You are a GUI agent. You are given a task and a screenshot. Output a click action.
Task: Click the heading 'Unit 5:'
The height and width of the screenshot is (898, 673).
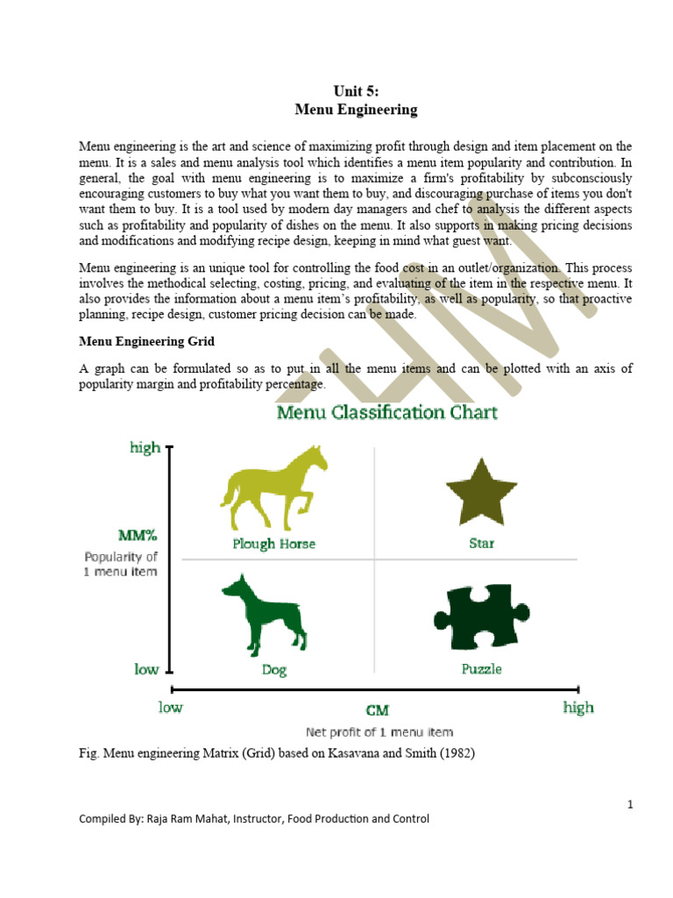356,91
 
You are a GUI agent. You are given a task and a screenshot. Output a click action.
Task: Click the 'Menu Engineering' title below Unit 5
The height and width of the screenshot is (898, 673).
356,110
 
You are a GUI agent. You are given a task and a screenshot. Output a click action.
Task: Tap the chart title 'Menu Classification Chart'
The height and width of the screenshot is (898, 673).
387,412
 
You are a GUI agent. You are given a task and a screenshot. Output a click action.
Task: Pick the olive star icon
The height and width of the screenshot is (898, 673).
481,492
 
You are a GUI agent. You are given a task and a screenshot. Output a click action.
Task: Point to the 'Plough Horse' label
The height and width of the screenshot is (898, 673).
273,544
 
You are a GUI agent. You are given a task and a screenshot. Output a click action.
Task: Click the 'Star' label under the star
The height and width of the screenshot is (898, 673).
481,544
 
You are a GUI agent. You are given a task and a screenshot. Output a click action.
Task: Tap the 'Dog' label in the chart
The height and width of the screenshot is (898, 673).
273,669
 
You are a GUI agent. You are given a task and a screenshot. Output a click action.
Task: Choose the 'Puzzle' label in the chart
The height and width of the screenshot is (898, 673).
481,669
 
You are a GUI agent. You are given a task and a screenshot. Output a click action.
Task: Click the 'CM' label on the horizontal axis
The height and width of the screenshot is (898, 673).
378,710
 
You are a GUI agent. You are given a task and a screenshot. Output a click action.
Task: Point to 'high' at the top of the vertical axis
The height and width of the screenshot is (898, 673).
145,447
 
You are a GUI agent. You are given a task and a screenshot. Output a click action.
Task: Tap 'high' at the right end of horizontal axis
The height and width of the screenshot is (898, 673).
578,708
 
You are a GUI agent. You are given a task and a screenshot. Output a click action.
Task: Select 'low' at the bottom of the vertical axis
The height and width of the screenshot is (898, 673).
145,669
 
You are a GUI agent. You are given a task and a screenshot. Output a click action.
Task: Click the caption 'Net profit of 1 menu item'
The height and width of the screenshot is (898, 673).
379,731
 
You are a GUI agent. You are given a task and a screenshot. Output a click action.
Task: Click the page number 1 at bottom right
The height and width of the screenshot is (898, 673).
629,804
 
